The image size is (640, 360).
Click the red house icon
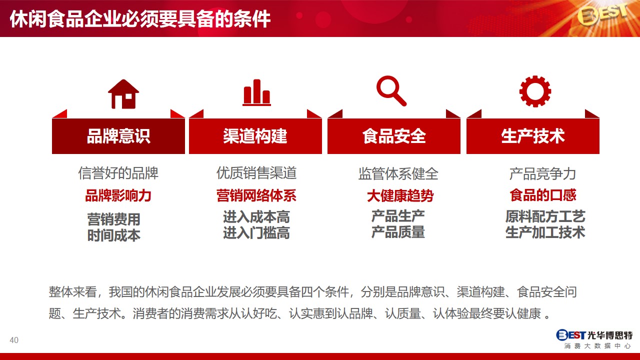click(123, 94)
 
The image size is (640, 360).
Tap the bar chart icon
click(256, 92)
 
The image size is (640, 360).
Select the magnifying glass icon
click(391, 91)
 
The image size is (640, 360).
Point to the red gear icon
click(535, 91)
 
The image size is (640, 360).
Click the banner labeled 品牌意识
click(118, 136)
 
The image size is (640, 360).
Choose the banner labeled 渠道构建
click(255, 136)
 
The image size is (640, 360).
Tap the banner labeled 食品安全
click(394, 136)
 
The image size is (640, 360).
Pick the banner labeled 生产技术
click(533, 136)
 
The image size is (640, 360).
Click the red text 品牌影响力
click(118, 195)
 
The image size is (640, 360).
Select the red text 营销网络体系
click(256, 195)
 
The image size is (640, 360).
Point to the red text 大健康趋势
click(400, 196)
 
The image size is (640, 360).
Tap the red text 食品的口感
click(543, 195)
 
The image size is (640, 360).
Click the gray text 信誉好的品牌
click(118, 173)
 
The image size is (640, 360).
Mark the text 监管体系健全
click(398, 173)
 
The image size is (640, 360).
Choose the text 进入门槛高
click(256, 232)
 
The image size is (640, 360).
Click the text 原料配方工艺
click(545, 216)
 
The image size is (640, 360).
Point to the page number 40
click(14, 340)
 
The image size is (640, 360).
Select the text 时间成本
click(113, 235)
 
